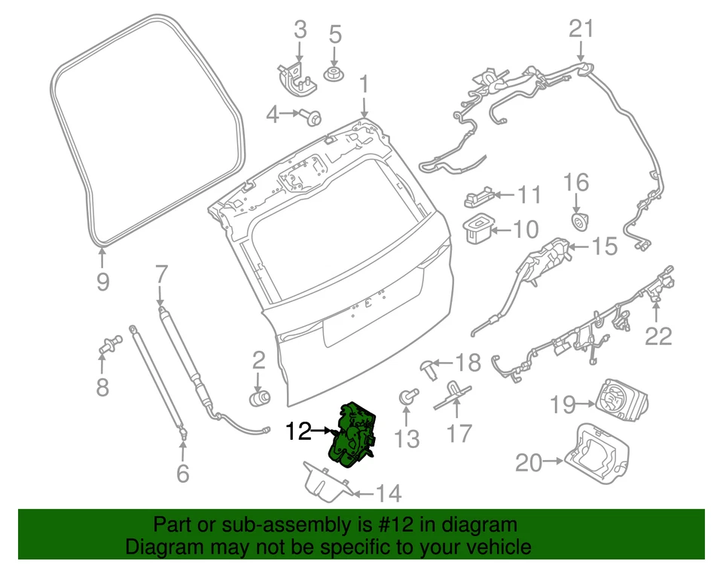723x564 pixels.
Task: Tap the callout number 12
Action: click(x=298, y=431)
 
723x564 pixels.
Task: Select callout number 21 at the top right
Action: click(x=581, y=29)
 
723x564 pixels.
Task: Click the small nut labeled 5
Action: click(x=332, y=74)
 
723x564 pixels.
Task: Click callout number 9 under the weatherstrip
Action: click(x=103, y=282)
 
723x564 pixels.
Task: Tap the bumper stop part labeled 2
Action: click(x=260, y=396)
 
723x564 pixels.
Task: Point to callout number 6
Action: click(x=182, y=473)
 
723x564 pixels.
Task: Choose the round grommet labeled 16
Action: click(x=578, y=221)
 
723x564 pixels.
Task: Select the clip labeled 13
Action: click(x=407, y=395)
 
